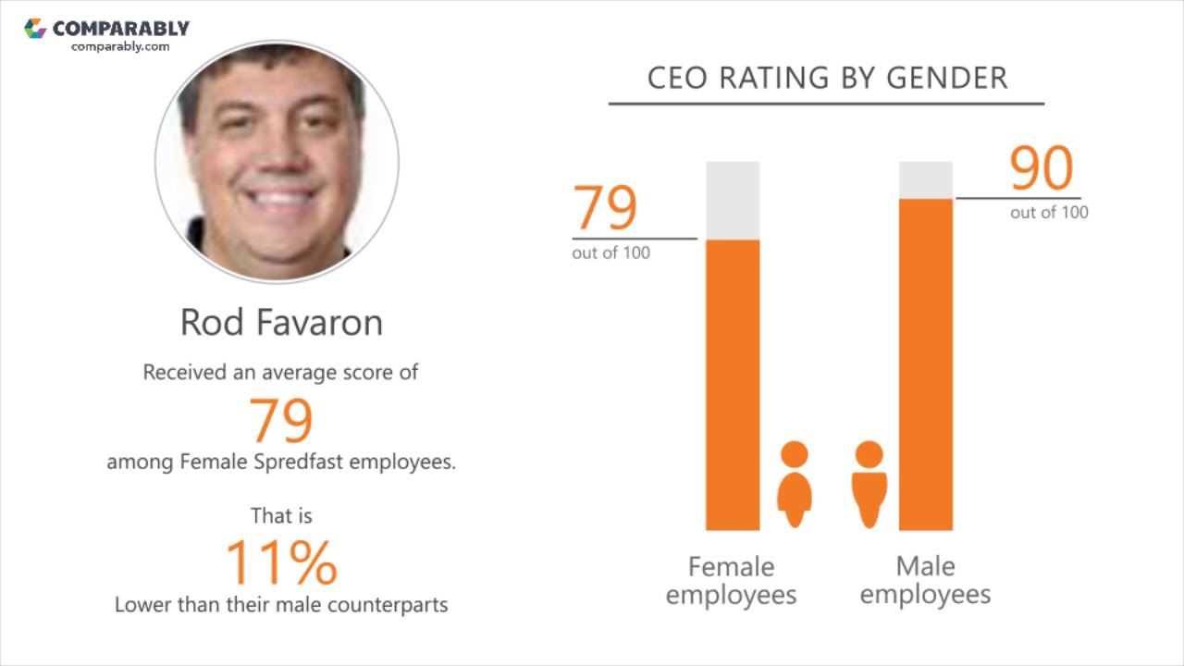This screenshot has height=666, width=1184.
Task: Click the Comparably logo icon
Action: (35, 29)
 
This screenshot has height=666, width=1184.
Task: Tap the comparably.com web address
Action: (120, 46)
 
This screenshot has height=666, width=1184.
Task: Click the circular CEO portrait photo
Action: (277, 161)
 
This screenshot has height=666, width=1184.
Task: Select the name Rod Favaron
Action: (281, 322)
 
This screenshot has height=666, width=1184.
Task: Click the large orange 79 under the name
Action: (281, 420)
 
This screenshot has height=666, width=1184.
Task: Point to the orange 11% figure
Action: (281, 562)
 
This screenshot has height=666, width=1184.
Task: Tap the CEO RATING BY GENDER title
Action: (827, 79)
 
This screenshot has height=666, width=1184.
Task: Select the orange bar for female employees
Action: (733, 385)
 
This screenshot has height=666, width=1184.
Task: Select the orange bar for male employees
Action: (926, 364)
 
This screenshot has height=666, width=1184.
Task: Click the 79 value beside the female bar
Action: (606, 208)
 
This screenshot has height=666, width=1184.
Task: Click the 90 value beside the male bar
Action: (1041, 168)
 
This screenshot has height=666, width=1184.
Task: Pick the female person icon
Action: (794, 485)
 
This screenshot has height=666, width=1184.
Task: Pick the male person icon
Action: (869, 485)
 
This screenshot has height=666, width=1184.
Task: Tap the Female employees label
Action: (731, 580)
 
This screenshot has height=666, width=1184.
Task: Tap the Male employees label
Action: (925, 580)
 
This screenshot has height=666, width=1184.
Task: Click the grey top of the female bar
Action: (733, 200)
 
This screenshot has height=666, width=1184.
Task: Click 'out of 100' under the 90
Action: (1049, 213)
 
